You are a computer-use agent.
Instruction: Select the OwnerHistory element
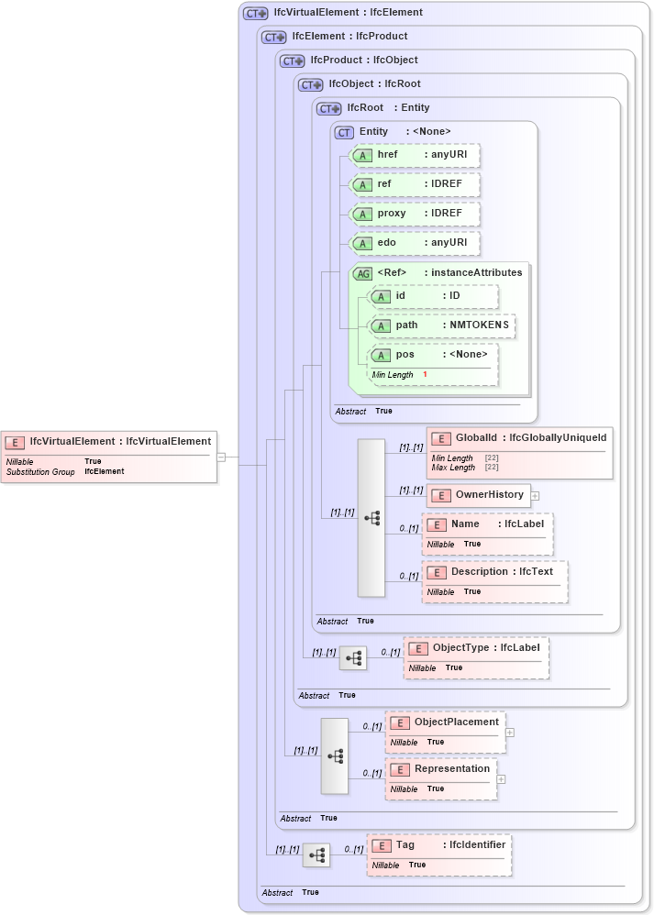pyautogui.click(x=478, y=495)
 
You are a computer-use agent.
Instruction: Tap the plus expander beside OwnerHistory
pyautogui.click(x=536, y=496)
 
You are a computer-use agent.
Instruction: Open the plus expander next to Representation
pyautogui.click(x=501, y=779)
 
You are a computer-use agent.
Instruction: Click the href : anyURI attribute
pyautogui.click(x=415, y=156)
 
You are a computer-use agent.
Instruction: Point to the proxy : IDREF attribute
pyautogui.click(x=415, y=214)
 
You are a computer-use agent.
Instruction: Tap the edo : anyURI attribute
pyautogui.click(x=415, y=243)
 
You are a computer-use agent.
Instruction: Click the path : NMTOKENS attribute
pyautogui.click(x=440, y=325)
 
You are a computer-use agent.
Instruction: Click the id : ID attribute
pyautogui.click(x=432, y=296)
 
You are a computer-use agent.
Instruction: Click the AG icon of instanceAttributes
pyautogui.click(x=363, y=273)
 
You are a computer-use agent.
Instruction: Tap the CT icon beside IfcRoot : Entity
pyautogui.click(x=327, y=108)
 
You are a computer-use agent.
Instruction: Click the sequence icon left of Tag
pyautogui.click(x=316, y=855)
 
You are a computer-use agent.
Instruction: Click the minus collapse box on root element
pyautogui.click(x=221, y=456)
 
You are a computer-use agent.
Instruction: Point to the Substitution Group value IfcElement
pyautogui.click(x=104, y=471)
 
